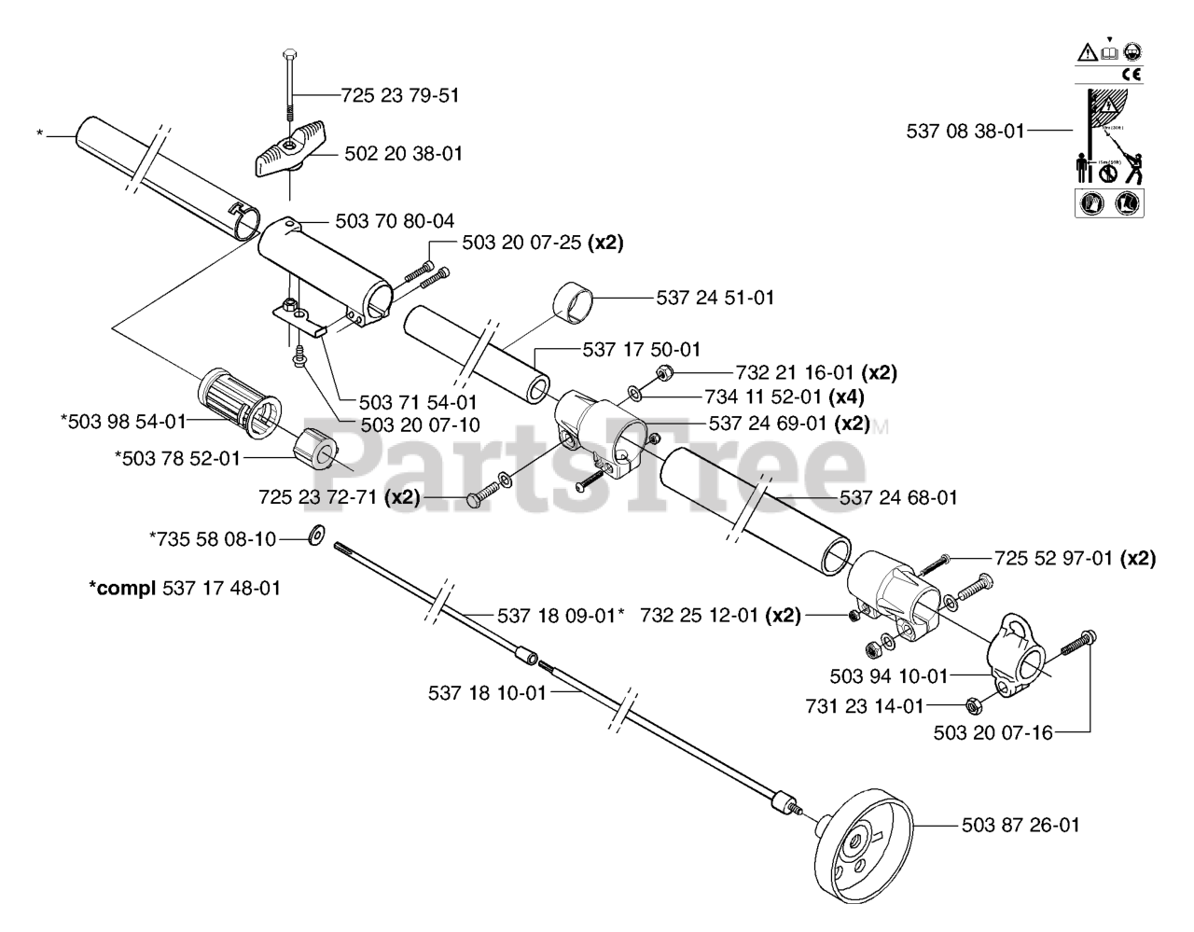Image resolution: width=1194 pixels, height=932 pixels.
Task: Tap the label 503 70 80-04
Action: coord(395,221)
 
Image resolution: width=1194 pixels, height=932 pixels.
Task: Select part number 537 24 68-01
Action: coord(898,497)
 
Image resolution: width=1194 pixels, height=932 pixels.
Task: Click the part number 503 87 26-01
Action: coord(1020,825)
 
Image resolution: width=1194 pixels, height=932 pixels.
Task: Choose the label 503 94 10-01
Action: coord(888,675)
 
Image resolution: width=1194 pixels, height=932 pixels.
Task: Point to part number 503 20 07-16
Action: coord(993,733)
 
